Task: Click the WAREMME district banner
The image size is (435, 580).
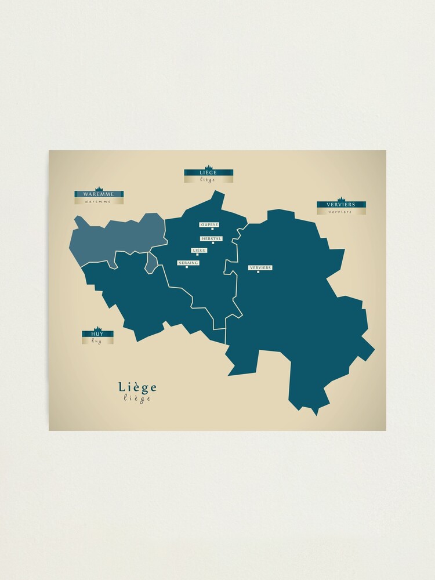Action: pyautogui.click(x=98, y=194)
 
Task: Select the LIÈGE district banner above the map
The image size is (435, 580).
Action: pyautogui.click(x=208, y=172)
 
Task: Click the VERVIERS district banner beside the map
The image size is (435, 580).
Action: pyautogui.click(x=341, y=204)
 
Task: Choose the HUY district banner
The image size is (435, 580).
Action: pyautogui.click(x=97, y=334)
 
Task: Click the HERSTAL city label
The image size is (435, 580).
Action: pyautogui.click(x=211, y=238)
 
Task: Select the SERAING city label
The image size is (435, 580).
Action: pyautogui.click(x=188, y=263)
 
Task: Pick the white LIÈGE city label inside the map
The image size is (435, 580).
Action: pyautogui.click(x=199, y=250)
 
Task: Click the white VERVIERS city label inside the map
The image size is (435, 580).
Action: pyautogui.click(x=260, y=267)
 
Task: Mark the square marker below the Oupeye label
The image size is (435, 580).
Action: pyautogui.click(x=212, y=229)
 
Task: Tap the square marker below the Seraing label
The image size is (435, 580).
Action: pyautogui.click(x=186, y=267)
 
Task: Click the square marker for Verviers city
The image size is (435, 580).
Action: pyautogui.click(x=258, y=272)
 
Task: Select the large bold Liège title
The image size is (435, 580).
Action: pyautogui.click(x=137, y=387)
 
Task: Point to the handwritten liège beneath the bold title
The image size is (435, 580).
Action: pyautogui.click(x=137, y=398)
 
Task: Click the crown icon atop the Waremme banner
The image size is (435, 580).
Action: pyautogui.click(x=98, y=188)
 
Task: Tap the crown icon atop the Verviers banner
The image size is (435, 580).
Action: pyautogui.click(x=341, y=199)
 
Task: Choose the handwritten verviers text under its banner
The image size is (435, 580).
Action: pyautogui.click(x=340, y=212)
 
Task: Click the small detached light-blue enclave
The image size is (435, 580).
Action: pyautogui.click(x=151, y=262)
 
